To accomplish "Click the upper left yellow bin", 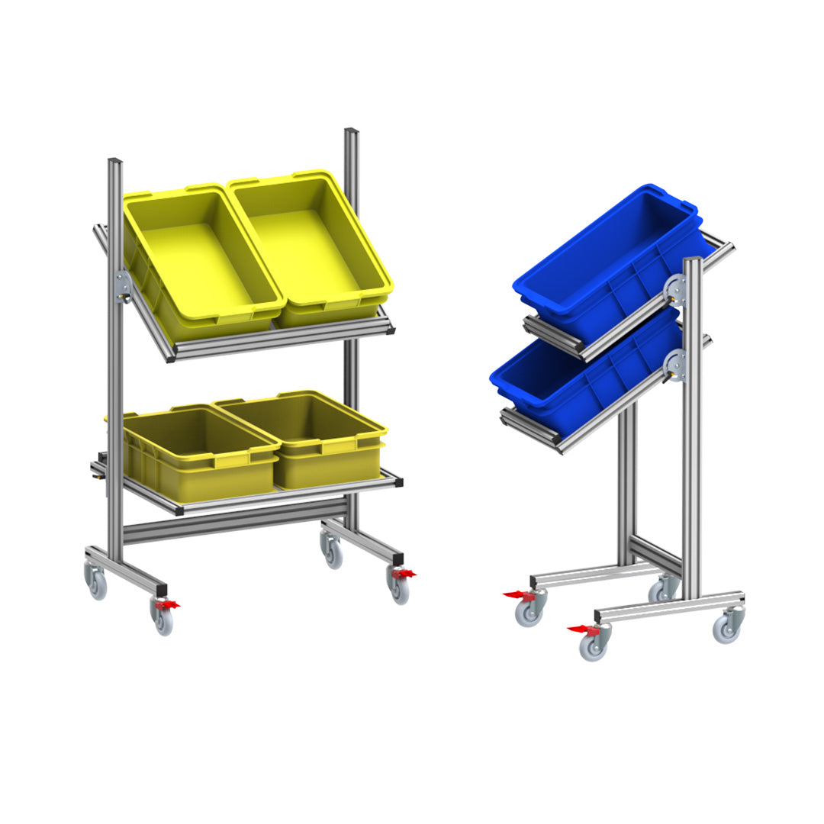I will point(200,256).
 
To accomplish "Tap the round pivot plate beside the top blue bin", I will point(674,291).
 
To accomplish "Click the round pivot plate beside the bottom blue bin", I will point(674,364).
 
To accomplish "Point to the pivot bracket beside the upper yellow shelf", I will point(122,287).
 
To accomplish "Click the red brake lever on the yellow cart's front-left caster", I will point(166,605).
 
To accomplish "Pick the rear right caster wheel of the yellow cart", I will point(333,553).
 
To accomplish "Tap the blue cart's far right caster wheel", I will point(726,628).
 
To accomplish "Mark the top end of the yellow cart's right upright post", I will point(351,133).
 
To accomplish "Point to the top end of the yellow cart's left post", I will point(114,163).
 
